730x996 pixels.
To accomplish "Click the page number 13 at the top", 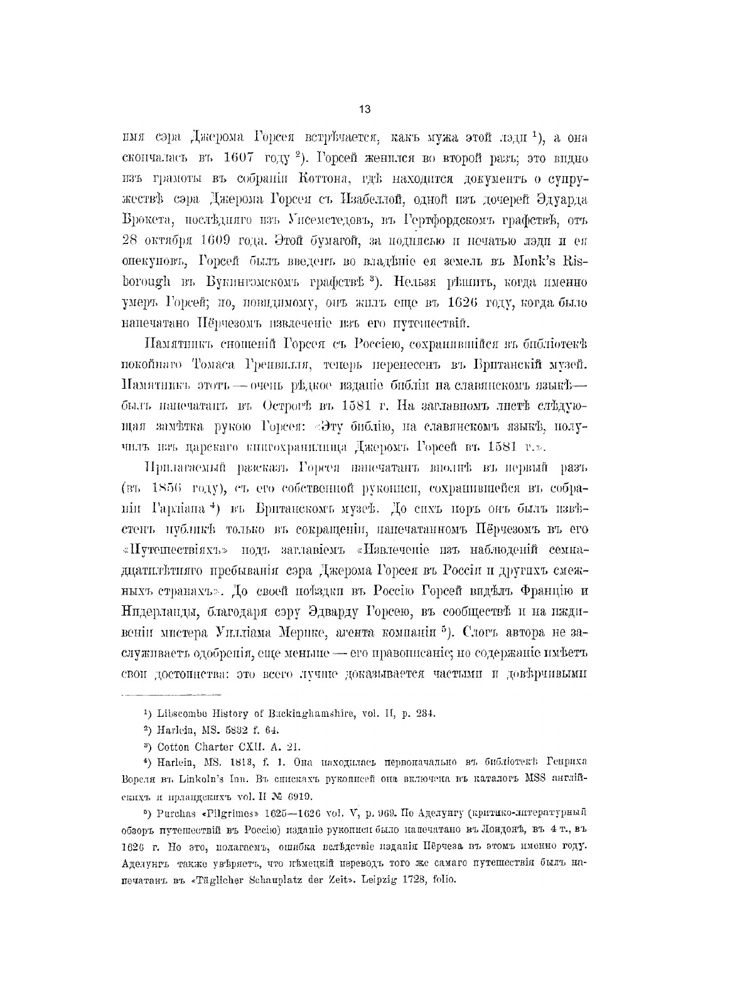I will click(x=365, y=109).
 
